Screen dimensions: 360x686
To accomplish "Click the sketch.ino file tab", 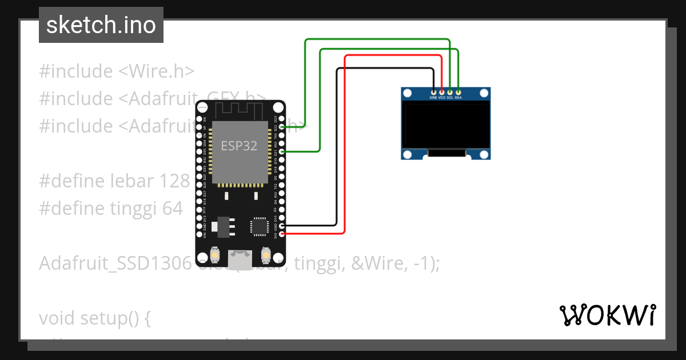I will pos(101,25).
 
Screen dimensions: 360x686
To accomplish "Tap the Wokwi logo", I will pos(607,315).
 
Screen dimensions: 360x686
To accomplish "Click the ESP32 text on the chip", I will pos(239,146).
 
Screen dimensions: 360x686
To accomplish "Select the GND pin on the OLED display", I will pos(434,92).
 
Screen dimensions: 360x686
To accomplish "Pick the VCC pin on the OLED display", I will pos(442,92).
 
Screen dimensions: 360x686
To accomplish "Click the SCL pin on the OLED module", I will pos(450,92).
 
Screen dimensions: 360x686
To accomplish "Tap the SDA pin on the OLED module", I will pos(458,92).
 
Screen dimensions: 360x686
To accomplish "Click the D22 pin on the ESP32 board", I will pos(281,127).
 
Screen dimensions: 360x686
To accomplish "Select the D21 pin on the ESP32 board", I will pos(281,152).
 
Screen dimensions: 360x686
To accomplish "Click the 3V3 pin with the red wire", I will pos(281,234).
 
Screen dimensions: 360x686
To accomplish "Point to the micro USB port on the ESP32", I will pos(240,260).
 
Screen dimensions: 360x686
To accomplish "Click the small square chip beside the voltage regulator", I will pos(259,226).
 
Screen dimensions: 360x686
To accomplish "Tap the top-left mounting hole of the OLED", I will pos(408,93).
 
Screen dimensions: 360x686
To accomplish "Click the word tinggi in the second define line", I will pos(132,209).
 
